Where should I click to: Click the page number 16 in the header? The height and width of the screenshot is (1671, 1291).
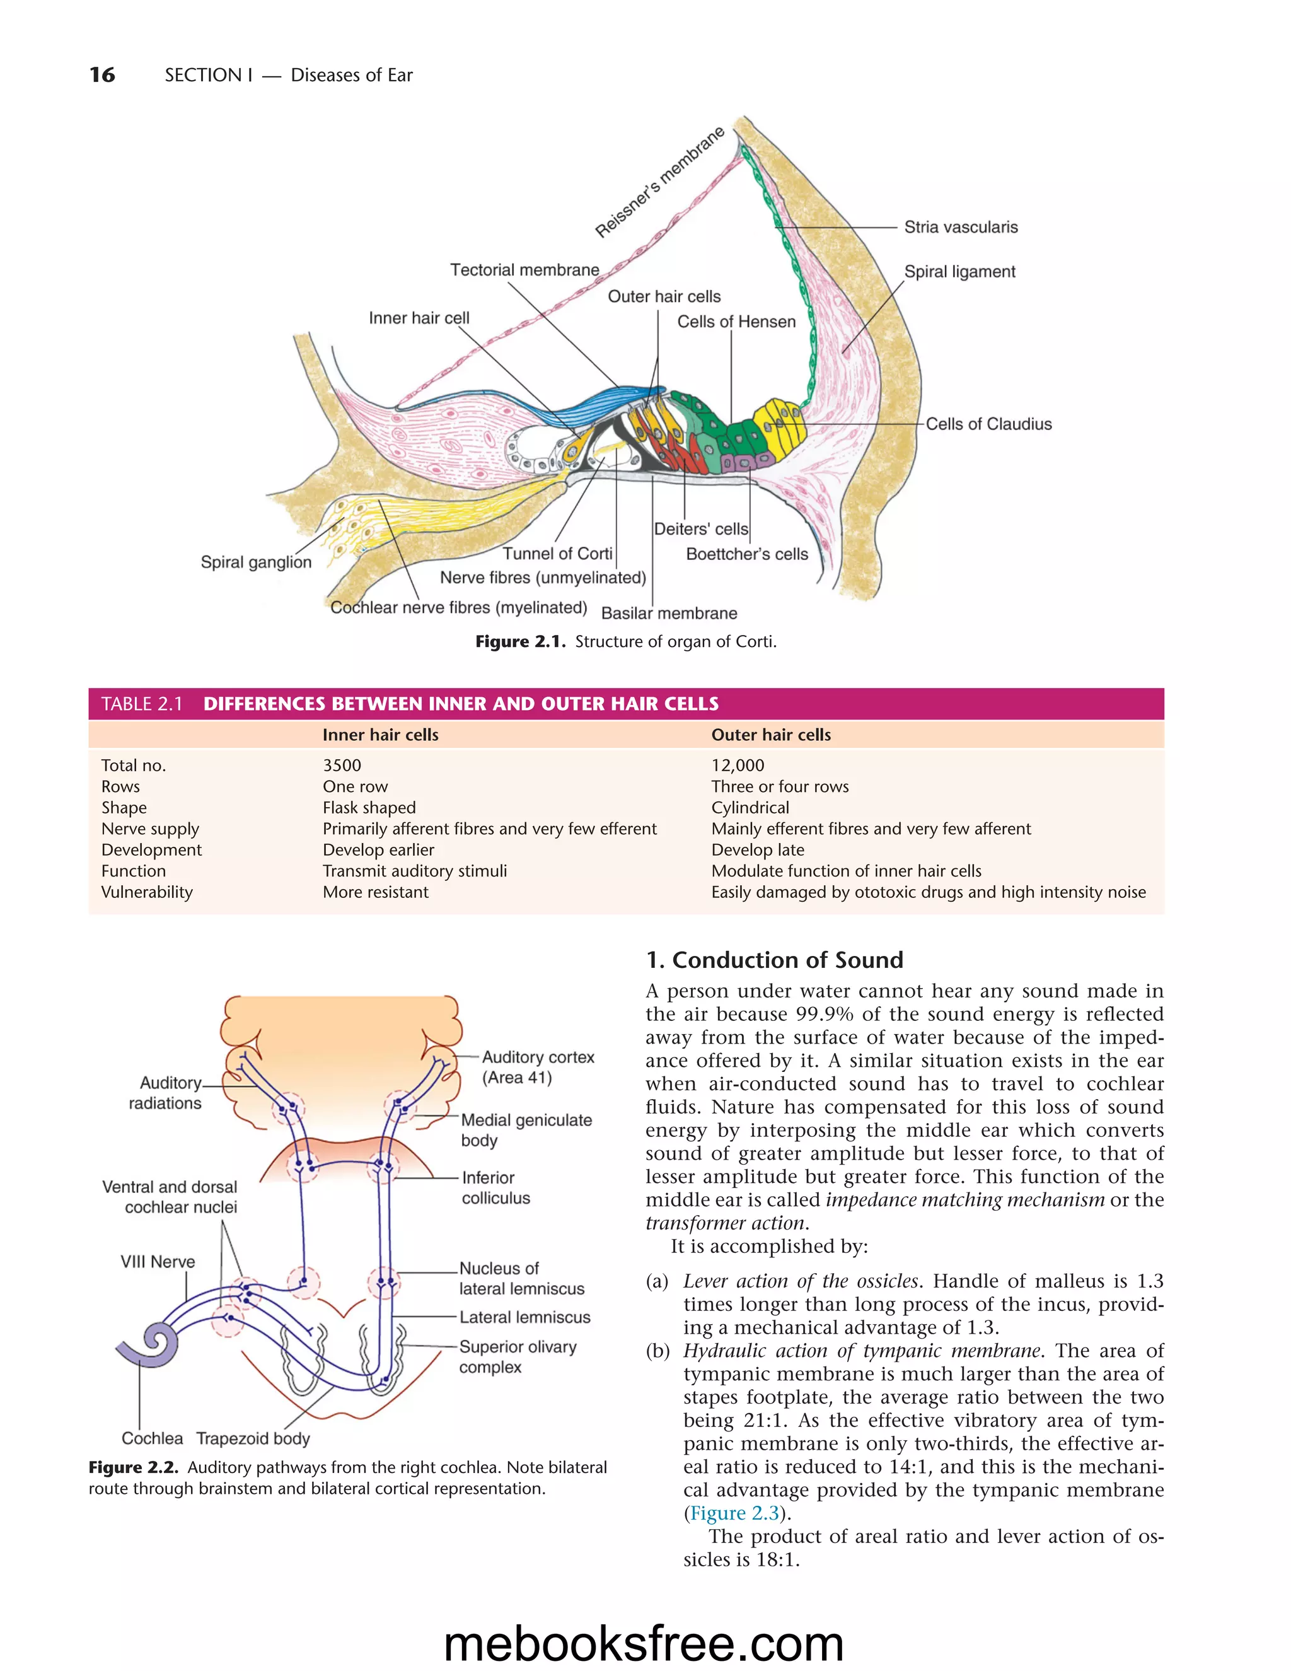pyautogui.click(x=103, y=75)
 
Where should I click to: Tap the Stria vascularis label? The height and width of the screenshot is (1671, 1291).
pyautogui.click(x=961, y=227)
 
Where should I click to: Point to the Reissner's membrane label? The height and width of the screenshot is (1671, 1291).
pyautogui.click(x=659, y=183)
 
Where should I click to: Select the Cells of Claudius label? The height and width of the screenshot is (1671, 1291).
pyautogui.click(x=988, y=424)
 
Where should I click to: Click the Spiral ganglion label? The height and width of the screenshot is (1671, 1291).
pyautogui.click(x=256, y=562)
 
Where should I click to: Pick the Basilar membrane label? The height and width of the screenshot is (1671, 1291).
pyautogui.click(x=669, y=614)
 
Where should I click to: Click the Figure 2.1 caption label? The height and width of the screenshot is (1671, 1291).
pyautogui.click(x=520, y=642)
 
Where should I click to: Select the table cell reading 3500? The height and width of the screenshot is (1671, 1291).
pyautogui.click(x=342, y=765)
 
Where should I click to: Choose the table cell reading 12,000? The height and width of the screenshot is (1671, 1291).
pyautogui.click(x=738, y=765)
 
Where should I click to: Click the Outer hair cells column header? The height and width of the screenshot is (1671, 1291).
pyautogui.click(x=771, y=735)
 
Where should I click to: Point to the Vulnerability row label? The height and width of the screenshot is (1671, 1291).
pyautogui.click(x=147, y=892)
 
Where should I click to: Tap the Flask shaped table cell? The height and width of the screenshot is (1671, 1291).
pyautogui.click(x=369, y=808)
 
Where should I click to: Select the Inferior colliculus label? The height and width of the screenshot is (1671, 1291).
pyautogui.click(x=494, y=1187)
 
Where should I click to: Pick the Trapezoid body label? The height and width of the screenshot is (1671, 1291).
pyautogui.click(x=253, y=1438)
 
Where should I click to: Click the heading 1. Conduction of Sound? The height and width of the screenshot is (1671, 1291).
pyautogui.click(x=774, y=960)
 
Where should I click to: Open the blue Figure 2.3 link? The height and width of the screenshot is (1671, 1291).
pyautogui.click(x=734, y=1513)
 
